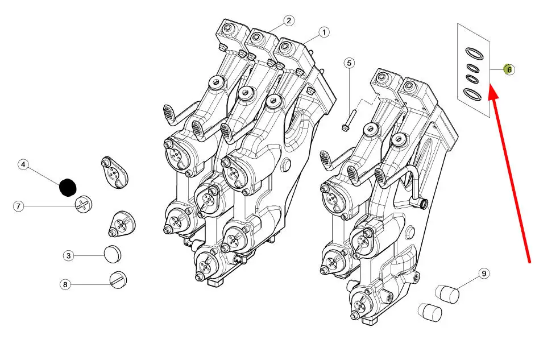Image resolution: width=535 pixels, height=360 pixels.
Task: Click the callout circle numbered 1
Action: pos(324,32)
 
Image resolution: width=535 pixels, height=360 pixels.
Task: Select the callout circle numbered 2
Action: pos(289,20)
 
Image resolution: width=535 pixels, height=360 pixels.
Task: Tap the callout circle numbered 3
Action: pos(69,255)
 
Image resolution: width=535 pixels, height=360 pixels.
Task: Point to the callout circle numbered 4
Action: pos(23,165)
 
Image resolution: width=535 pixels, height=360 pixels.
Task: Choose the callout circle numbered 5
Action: pos(349,63)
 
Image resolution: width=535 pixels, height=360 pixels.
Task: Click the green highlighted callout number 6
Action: pos(509,69)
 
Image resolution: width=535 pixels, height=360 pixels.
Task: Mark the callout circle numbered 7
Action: pos(18,206)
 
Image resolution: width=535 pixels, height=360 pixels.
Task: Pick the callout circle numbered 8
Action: pos(65,284)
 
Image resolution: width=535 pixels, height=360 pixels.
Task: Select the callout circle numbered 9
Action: pos(484,274)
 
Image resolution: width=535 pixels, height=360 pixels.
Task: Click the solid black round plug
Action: pos(68,187)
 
